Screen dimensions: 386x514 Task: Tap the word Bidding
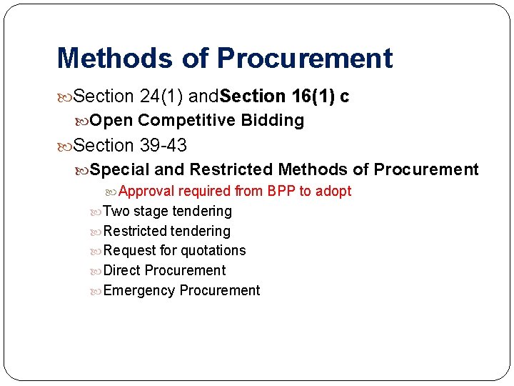[x=273, y=120]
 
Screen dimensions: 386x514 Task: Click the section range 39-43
[x=163, y=146]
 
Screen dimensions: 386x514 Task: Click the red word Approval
[x=147, y=191]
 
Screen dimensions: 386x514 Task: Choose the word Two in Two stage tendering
[x=116, y=211]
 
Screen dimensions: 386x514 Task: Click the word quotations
[x=213, y=250]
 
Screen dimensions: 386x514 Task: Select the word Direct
[x=122, y=270]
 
